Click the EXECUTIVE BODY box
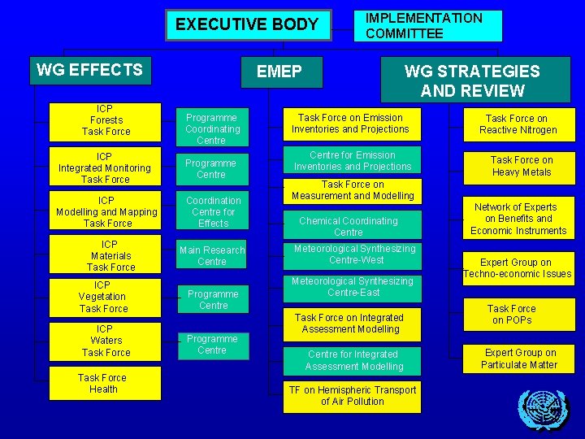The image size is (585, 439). pyautogui.click(x=248, y=24)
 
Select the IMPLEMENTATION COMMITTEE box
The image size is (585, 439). pyautogui.click(x=428, y=26)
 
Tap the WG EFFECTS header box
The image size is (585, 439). pyautogui.click(x=89, y=71)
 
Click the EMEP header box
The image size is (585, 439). pyautogui.click(x=279, y=72)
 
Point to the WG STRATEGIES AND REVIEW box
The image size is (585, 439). pyautogui.click(x=471, y=80)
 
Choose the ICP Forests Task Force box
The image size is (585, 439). pyautogui.click(x=106, y=120)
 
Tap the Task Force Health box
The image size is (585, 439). pyautogui.click(x=103, y=384)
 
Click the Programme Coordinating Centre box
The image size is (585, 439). pyautogui.click(x=212, y=129)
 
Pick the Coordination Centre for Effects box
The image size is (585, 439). pyautogui.click(x=213, y=211)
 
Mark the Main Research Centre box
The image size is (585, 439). pyautogui.click(x=212, y=256)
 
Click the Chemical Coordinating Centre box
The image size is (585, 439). pyautogui.click(x=349, y=226)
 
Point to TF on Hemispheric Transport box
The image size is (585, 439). pyautogui.click(x=353, y=396)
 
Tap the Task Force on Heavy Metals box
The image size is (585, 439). pyautogui.click(x=521, y=166)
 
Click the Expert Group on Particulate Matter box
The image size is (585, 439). pyautogui.click(x=519, y=359)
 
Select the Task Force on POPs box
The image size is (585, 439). pyautogui.click(x=512, y=315)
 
